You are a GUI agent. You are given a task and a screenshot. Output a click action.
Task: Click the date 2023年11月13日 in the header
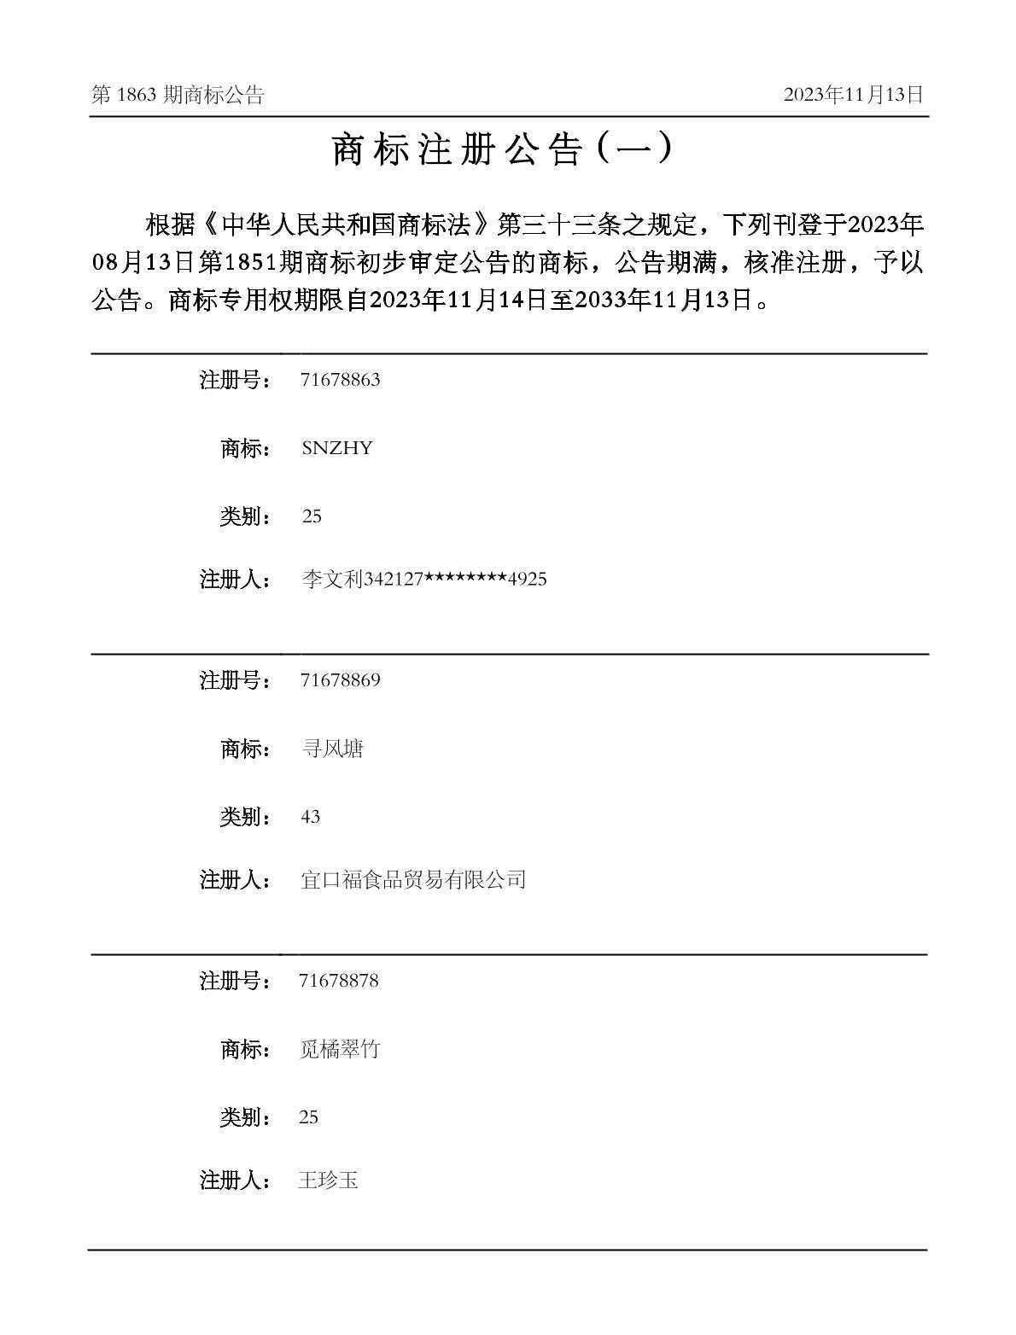tap(853, 95)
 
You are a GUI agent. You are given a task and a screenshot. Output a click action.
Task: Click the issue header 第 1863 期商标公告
tap(178, 95)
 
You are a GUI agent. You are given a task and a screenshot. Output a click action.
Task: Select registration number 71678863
tap(340, 380)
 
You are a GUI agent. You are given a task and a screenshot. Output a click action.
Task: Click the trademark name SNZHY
tap(337, 448)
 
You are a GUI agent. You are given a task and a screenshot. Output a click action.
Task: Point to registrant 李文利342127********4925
tap(423, 580)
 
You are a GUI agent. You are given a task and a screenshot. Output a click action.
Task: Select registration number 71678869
tap(340, 680)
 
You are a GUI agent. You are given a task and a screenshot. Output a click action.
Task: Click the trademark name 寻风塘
tap(332, 749)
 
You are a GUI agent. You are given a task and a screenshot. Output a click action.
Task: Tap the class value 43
tap(310, 817)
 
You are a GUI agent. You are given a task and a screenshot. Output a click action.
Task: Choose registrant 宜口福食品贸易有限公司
tap(413, 880)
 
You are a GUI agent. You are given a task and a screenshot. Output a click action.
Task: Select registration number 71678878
tap(339, 981)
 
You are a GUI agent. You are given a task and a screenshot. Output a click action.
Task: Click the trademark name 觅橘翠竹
tap(339, 1049)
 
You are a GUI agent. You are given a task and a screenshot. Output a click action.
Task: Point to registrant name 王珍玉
tap(328, 1181)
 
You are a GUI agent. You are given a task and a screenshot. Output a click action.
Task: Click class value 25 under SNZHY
tap(312, 516)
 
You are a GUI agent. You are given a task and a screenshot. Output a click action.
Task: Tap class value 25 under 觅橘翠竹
tap(309, 1117)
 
